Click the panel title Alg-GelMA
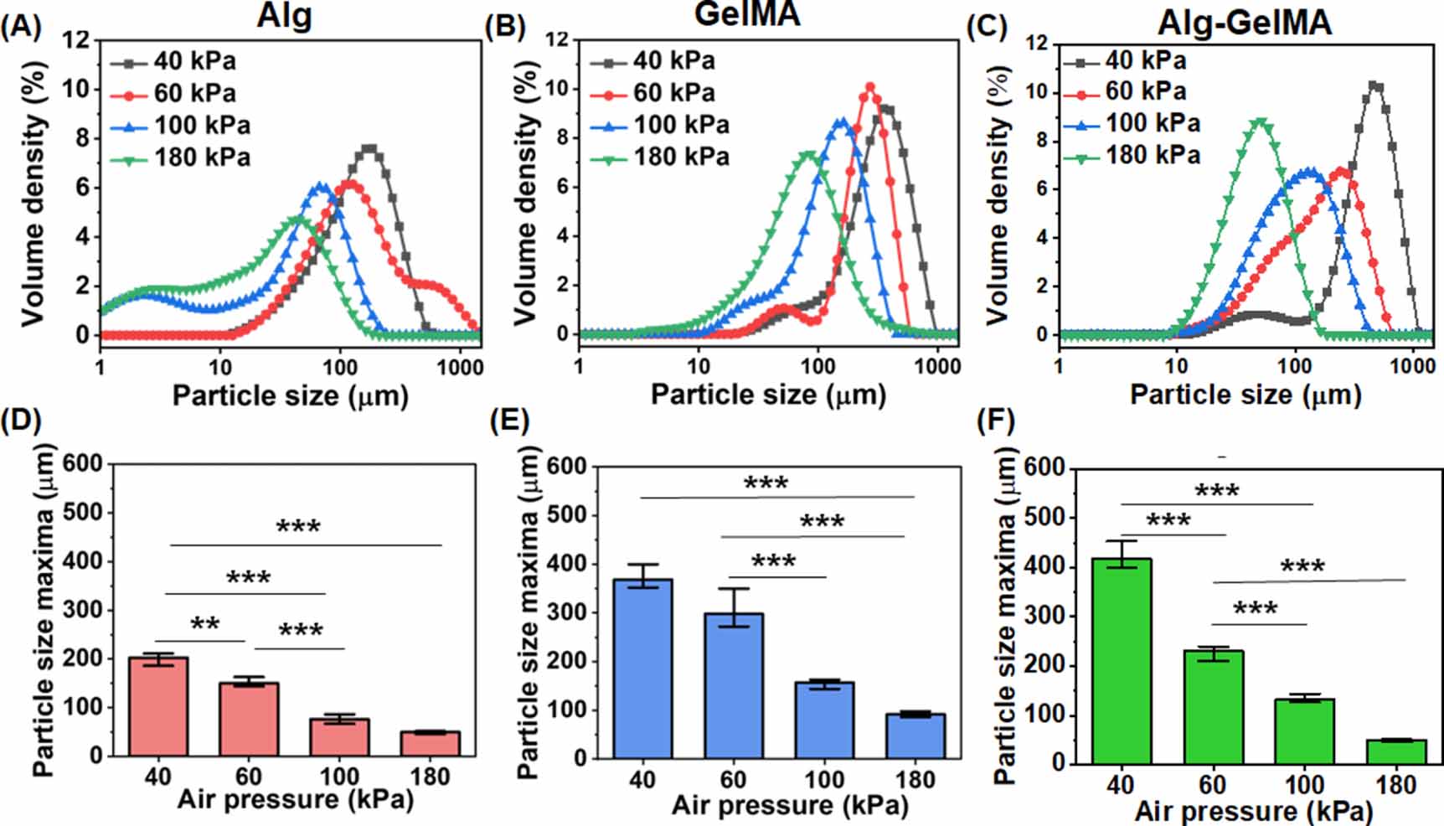pyautogui.click(x=1244, y=22)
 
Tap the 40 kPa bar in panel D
pyautogui.click(x=158, y=706)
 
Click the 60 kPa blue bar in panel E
pyautogui.click(x=733, y=685)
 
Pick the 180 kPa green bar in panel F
pyautogui.click(x=1395, y=751)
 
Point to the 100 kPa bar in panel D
pyautogui.click(x=339, y=737)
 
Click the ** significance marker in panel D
pyautogui.click(x=204, y=625)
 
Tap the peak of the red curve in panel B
pyautogui.click(x=870, y=87)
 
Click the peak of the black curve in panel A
pyautogui.click(x=369, y=149)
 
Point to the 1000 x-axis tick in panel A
pyautogui.click(x=460, y=367)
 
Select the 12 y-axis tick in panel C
pyautogui.click(x=1037, y=43)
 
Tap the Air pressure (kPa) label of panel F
pyautogui.click(x=1253, y=811)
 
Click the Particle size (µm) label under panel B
pyautogui.click(x=767, y=394)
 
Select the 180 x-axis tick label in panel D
pyautogui.click(x=429, y=777)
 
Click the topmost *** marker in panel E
pyautogui.click(x=766, y=483)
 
